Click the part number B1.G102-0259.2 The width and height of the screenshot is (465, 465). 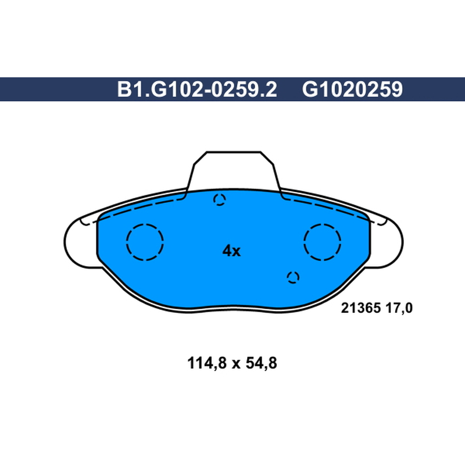[x=197, y=90]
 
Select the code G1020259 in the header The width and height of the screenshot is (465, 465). [x=352, y=90]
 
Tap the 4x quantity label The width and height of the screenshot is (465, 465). [x=231, y=251]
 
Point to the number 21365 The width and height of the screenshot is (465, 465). [x=360, y=308]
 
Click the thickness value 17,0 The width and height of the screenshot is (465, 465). [x=399, y=309]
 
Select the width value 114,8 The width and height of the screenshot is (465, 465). [x=207, y=363]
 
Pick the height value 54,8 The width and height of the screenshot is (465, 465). [x=262, y=363]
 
